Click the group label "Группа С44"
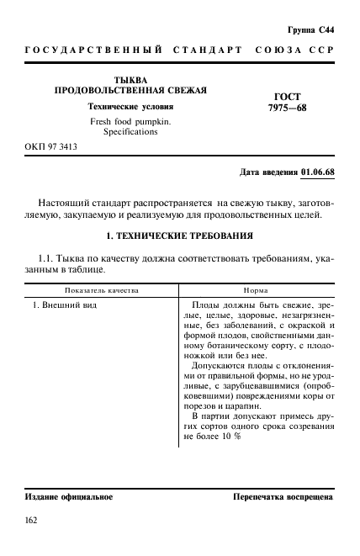(x=311, y=29)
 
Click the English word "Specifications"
(x=130, y=132)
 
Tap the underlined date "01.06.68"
(x=317, y=172)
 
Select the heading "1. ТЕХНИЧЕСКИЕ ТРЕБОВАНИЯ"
(x=180, y=237)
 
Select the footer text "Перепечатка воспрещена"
(x=283, y=497)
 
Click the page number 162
(x=32, y=522)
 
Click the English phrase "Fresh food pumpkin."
(x=130, y=121)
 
